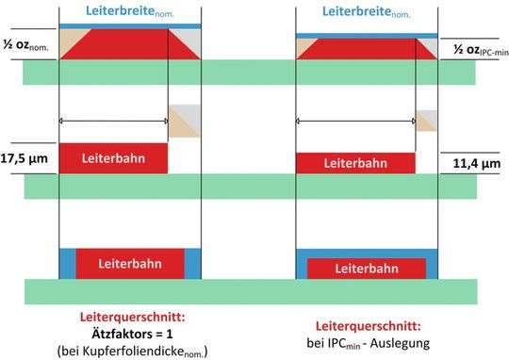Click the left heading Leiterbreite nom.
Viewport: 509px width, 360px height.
pos(130,12)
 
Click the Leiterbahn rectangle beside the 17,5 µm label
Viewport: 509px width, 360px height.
pos(113,157)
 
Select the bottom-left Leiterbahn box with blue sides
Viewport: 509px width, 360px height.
pos(130,264)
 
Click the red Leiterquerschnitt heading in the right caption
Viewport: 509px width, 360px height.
pos(367,325)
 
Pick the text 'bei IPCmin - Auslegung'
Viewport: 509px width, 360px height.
pos(367,343)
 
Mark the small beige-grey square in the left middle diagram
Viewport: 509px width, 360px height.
pos(185,121)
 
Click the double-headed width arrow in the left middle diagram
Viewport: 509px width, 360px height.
pos(113,120)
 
